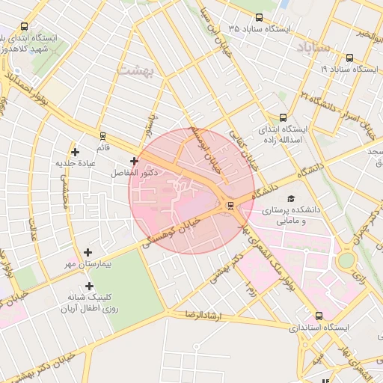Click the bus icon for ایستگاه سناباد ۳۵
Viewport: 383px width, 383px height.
click(259, 17)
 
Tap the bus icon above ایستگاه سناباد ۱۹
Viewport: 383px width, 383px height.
click(349, 58)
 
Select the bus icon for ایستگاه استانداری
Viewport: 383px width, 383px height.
click(319, 316)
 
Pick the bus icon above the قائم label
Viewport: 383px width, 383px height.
click(102, 136)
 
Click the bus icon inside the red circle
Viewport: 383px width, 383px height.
click(230, 204)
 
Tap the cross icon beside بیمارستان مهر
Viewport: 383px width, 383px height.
click(88, 253)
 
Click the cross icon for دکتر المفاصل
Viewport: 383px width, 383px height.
click(134, 161)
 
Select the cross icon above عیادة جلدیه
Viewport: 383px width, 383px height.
click(76, 152)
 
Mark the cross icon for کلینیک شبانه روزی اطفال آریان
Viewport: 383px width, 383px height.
click(90, 286)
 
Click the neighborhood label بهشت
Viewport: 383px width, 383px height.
click(134, 70)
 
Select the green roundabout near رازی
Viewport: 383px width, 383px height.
click(346, 261)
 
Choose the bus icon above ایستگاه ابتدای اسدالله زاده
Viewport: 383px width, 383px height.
click(283, 117)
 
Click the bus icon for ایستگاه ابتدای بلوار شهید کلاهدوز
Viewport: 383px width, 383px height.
click(25, 26)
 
